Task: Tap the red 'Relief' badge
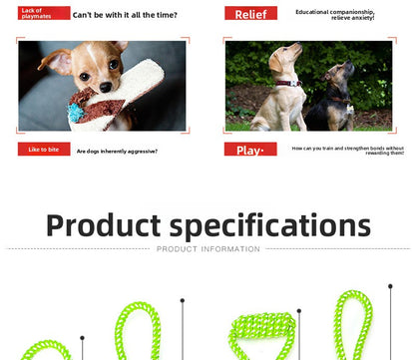pyautogui.click(x=250, y=14)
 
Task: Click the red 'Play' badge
pyautogui.click(x=250, y=151)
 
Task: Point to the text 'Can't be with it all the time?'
pyautogui.click(x=125, y=14)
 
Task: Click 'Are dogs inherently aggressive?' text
pyautogui.click(x=117, y=151)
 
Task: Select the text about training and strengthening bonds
pyautogui.click(x=347, y=151)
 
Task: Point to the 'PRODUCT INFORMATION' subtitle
pyautogui.click(x=207, y=249)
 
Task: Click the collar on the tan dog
pyautogui.click(x=288, y=84)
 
